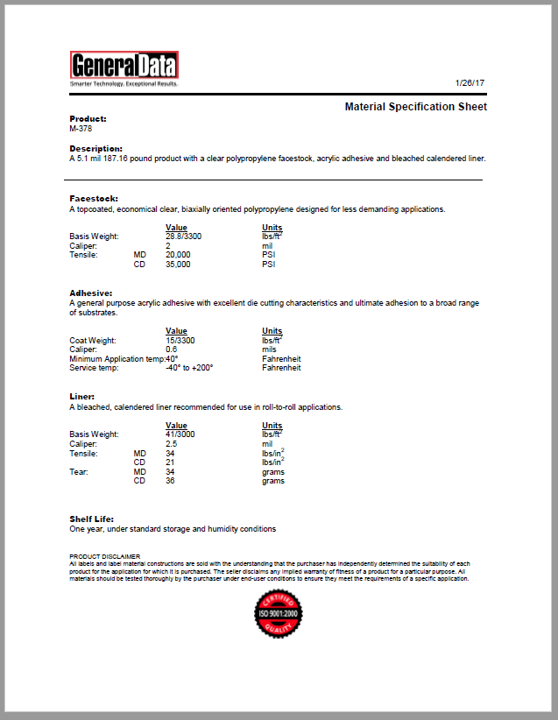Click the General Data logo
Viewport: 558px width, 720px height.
pos(124,68)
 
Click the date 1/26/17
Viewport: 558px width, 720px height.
pos(470,82)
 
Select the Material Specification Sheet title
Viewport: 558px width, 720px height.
pos(415,107)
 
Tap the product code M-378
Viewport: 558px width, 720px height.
pos(81,128)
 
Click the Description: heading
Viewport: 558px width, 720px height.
pos(96,149)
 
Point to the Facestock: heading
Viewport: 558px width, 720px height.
pos(94,199)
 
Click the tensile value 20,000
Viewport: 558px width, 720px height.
pos(178,255)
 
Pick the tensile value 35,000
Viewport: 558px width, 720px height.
pos(178,264)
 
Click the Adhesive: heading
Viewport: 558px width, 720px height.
pos(91,293)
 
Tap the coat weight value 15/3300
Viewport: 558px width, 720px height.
pos(180,340)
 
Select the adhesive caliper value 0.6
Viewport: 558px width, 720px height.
pos(171,349)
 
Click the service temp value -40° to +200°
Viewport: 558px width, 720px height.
pos(189,368)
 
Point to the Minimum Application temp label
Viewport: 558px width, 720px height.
pos(117,359)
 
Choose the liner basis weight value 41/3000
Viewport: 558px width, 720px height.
pos(180,434)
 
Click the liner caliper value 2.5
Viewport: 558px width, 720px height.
pos(171,444)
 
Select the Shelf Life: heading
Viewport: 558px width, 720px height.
pos(92,519)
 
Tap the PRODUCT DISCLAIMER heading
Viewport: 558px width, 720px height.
pos(104,556)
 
